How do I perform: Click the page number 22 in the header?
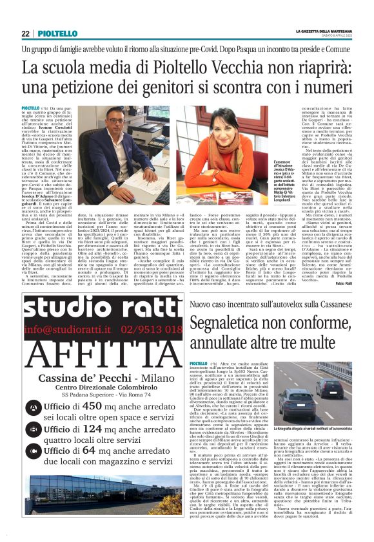point(25,33)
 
